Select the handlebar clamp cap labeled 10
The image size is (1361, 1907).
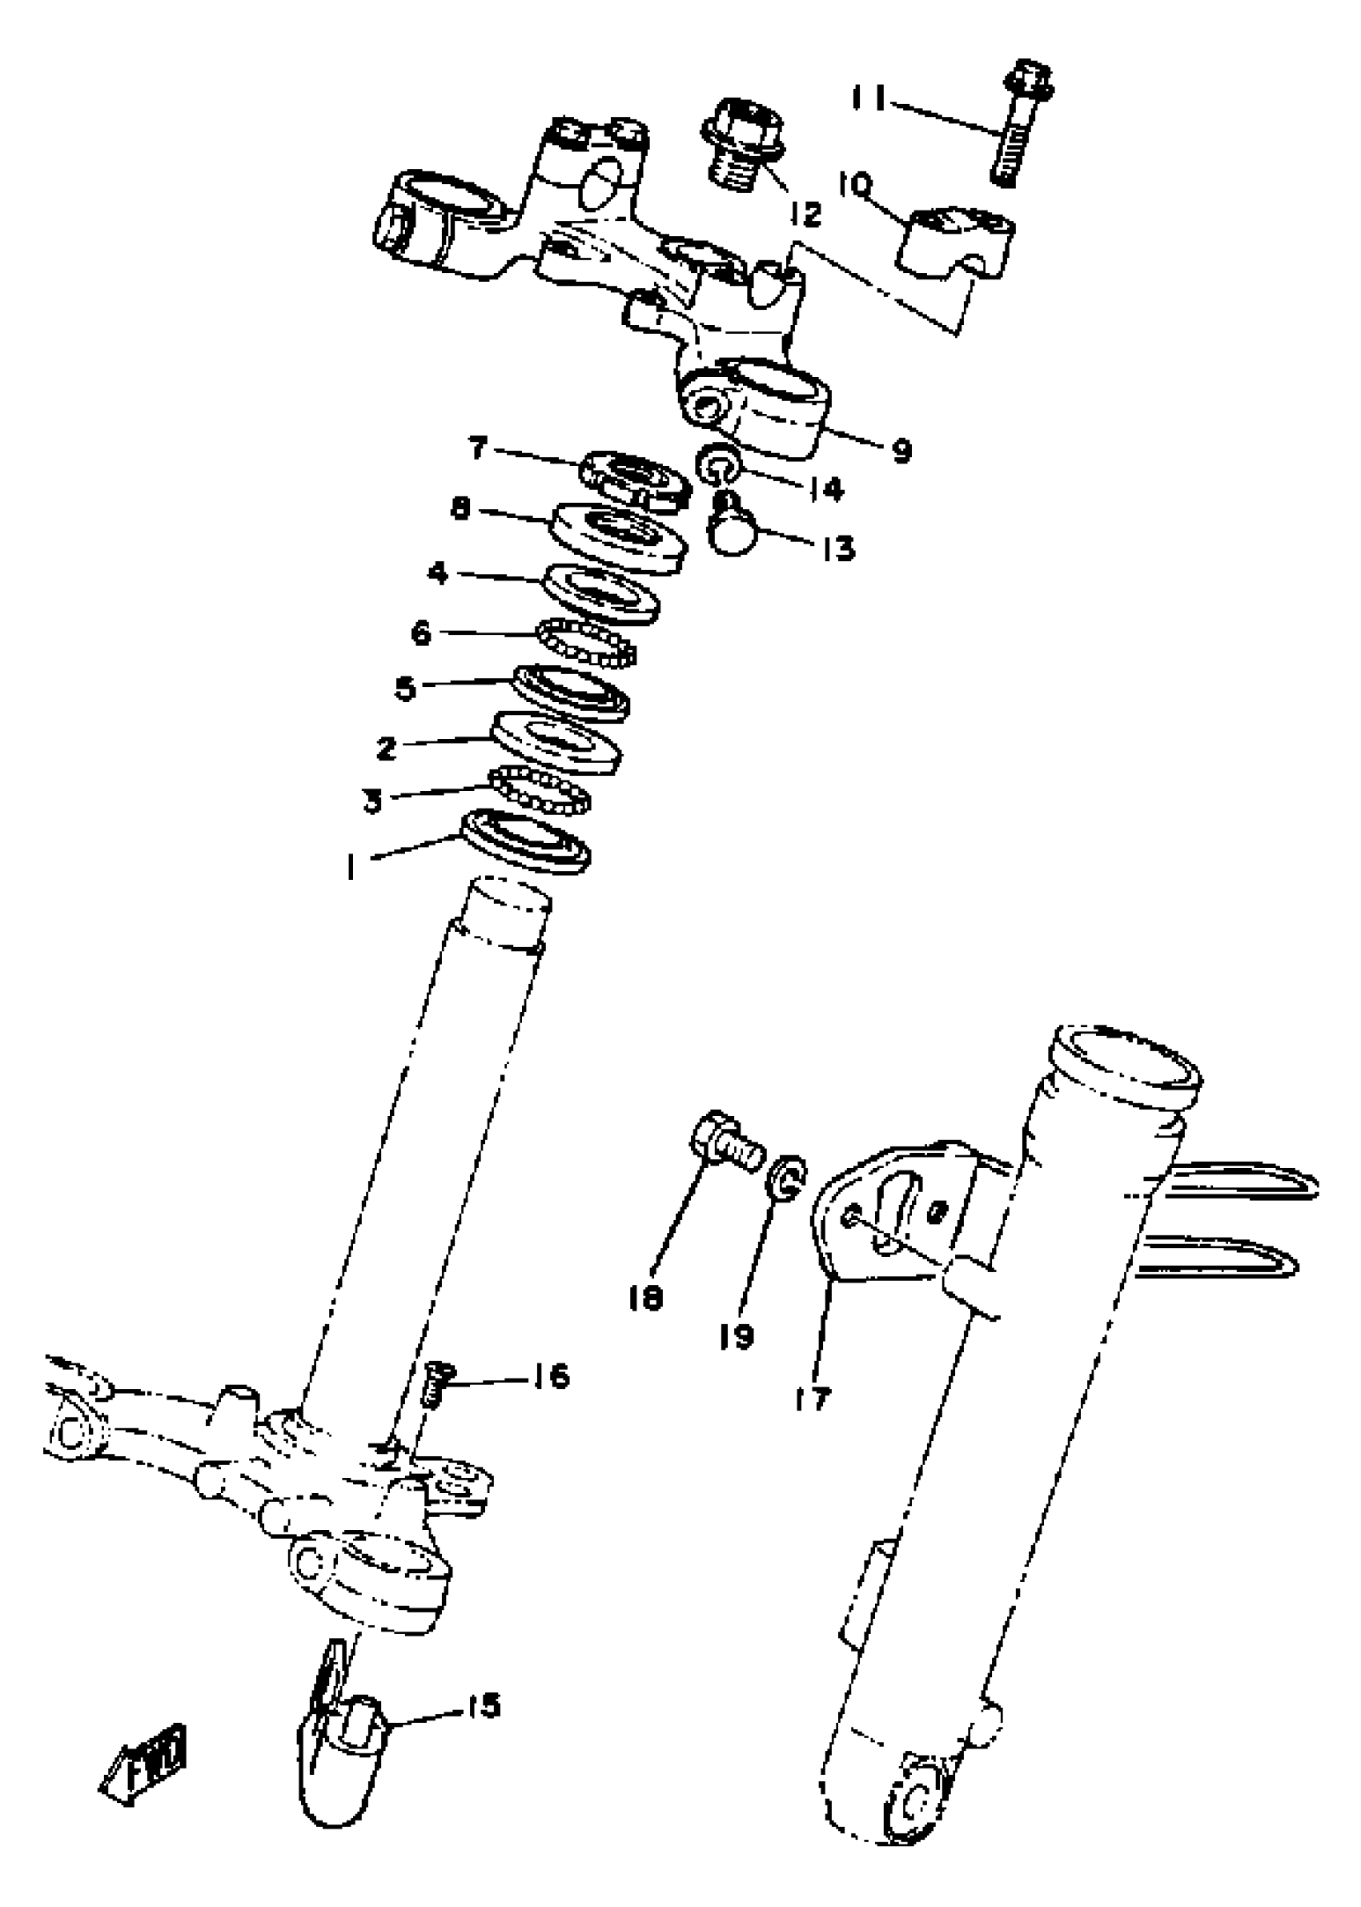(954, 240)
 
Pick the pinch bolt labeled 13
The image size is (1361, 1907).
(732, 526)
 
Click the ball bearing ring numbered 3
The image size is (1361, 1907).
(540, 788)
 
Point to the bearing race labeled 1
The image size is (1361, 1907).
(526, 841)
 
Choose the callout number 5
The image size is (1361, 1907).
(406, 689)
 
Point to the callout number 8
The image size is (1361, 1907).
(460, 509)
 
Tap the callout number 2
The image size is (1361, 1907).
(387, 749)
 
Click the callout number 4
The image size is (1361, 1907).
(437, 574)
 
